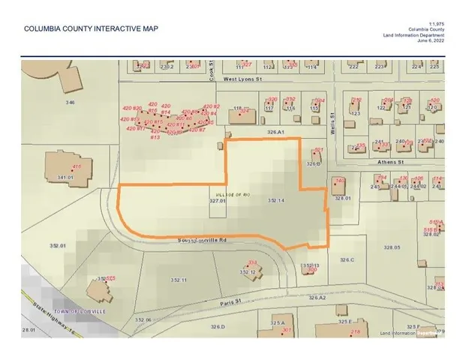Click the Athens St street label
(x=390, y=160)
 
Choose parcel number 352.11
(x=178, y=280)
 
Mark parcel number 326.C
(x=347, y=259)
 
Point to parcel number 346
(x=71, y=101)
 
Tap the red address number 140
(x=339, y=181)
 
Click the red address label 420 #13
(x=155, y=137)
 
